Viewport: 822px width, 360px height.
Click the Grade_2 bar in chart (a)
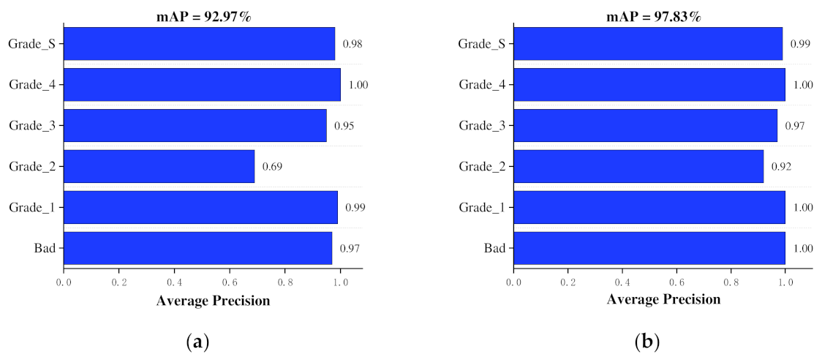[x=159, y=167]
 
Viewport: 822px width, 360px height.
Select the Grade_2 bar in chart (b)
[x=639, y=167]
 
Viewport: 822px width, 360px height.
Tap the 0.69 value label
[x=272, y=167]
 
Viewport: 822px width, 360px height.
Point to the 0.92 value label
[x=781, y=167]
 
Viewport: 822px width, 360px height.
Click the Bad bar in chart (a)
[x=198, y=249]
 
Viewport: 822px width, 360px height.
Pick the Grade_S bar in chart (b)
[x=649, y=44]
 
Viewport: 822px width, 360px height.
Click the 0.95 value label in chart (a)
[x=344, y=126]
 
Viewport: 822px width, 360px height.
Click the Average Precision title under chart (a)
[x=213, y=300]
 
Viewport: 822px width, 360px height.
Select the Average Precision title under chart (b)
[x=663, y=300]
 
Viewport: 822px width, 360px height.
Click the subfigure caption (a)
[x=198, y=341]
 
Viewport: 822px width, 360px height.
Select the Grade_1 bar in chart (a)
[x=201, y=208]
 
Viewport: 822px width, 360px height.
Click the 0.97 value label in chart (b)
[x=795, y=126]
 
